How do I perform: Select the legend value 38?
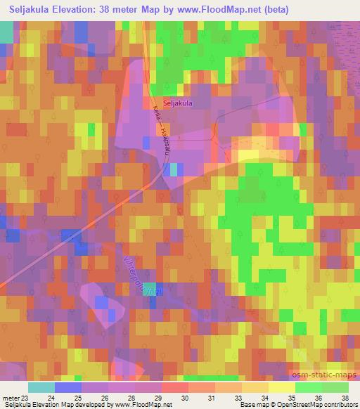pyautogui.click(x=345, y=398)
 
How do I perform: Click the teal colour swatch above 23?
pyautogui.click(x=41, y=387)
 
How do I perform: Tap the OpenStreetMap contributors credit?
pyautogui.click(x=324, y=405)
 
